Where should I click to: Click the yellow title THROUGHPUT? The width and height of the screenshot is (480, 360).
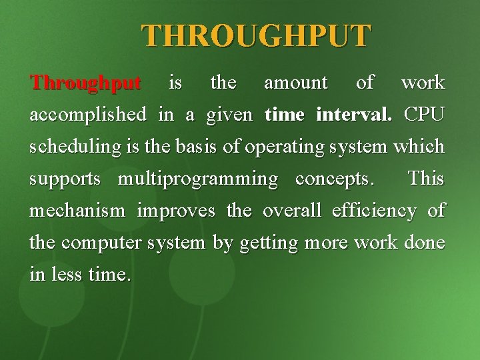[255, 36]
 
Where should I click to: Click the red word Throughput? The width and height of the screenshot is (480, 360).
[85, 83]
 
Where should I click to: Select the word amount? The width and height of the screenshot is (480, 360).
[296, 83]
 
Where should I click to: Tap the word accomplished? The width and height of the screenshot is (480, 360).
[88, 115]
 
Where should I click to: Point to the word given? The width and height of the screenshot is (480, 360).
[229, 115]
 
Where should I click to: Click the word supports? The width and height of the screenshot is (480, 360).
[65, 179]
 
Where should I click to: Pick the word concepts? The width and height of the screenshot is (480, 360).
[334, 179]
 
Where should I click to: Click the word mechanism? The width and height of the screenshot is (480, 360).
[77, 211]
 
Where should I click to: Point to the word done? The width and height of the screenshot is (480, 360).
[424, 243]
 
